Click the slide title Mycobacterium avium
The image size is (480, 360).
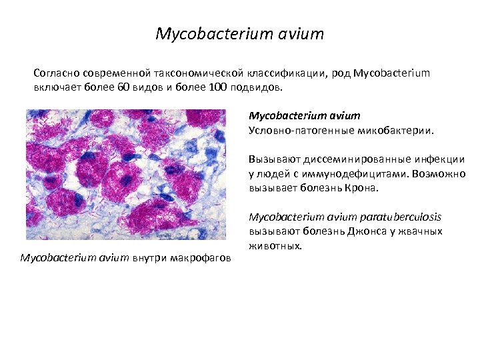pyautogui.click(x=239, y=33)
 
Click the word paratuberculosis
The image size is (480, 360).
pyautogui.click(x=401, y=217)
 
